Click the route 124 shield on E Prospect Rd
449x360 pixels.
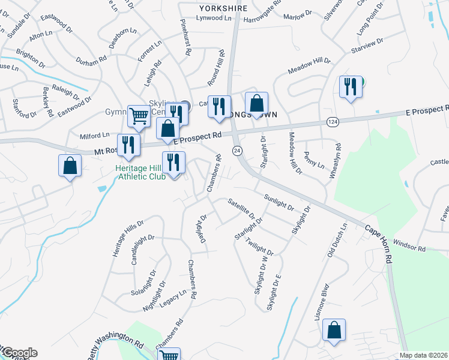pos(331,122)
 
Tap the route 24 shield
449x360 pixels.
pos(238,150)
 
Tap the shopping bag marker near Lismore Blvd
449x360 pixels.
pos(334,330)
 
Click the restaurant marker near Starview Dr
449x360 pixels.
pos(349,88)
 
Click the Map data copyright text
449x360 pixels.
pos(424,355)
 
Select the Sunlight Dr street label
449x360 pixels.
pos(279,203)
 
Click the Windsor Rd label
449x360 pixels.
pos(410,246)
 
